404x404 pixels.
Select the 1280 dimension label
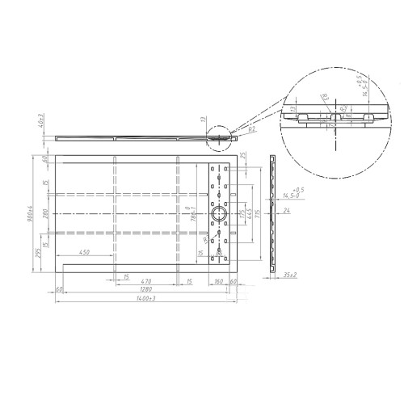(x=145, y=288)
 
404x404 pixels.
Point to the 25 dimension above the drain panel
(x=242, y=155)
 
